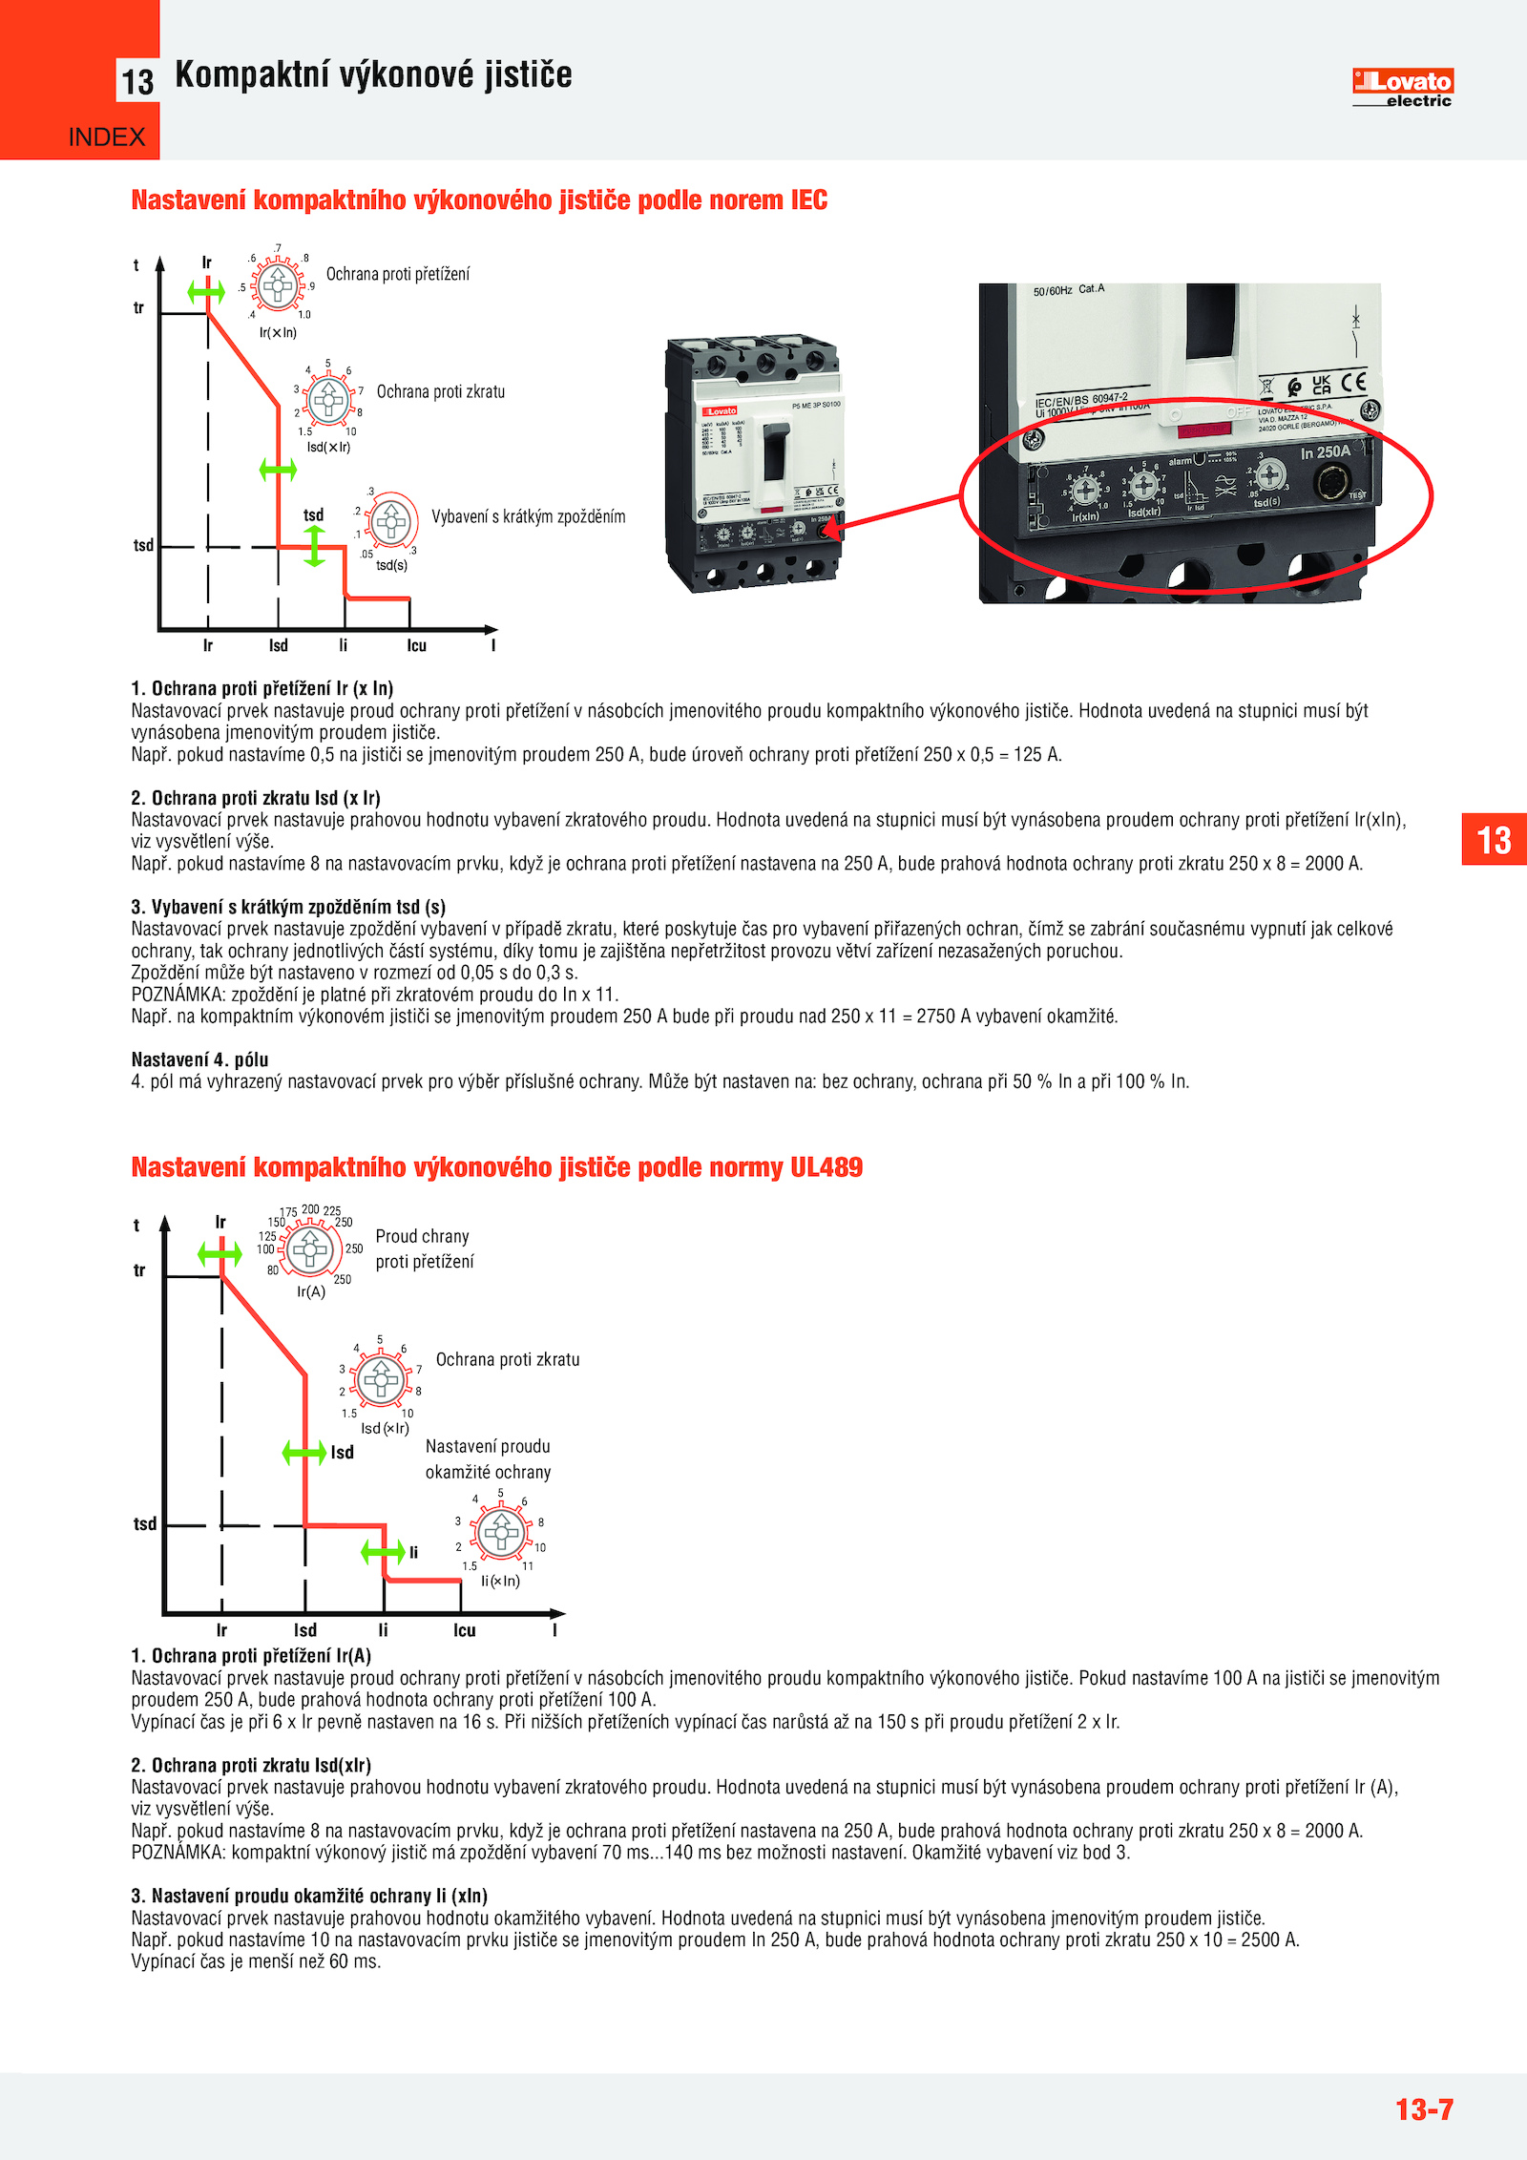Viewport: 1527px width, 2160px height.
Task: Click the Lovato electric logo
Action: point(1402,88)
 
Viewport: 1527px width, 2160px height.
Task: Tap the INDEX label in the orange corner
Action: point(107,137)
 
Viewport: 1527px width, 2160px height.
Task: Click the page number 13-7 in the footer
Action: point(1424,2108)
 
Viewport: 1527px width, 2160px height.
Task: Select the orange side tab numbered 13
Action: point(1494,840)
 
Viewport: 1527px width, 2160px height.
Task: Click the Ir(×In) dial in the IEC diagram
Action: point(279,284)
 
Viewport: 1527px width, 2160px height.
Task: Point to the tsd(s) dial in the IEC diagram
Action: point(391,521)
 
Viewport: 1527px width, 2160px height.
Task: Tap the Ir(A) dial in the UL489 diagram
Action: point(310,1248)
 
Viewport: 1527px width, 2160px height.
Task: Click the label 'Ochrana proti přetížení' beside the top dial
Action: point(398,275)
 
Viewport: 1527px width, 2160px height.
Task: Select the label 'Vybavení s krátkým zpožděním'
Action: point(529,517)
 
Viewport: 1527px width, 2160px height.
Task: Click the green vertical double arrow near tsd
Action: point(315,546)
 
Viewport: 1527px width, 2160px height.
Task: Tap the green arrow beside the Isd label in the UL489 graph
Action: point(304,1453)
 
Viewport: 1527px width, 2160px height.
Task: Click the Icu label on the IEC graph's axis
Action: point(416,646)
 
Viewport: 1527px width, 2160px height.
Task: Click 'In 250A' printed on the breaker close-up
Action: point(1326,452)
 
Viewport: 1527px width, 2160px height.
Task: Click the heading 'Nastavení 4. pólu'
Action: point(199,1059)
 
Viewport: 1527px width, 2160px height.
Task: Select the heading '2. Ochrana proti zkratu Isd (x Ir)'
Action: point(256,798)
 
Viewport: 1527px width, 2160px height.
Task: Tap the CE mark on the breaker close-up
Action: point(1353,383)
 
